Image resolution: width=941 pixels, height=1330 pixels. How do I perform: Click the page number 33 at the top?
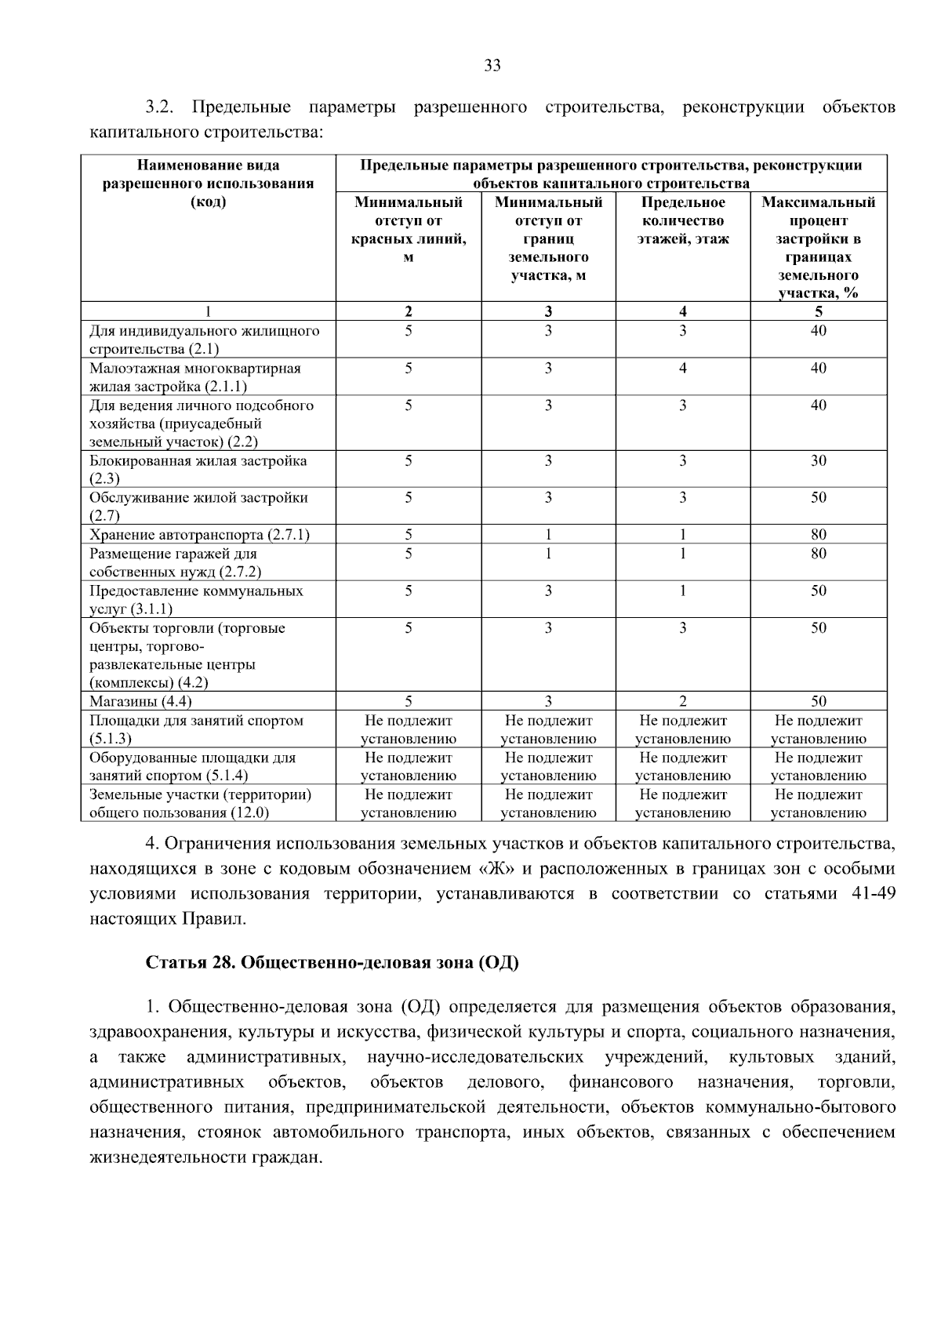(x=492, y=66)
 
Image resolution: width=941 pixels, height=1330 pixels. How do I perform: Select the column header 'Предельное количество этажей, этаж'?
(x=682, y=220)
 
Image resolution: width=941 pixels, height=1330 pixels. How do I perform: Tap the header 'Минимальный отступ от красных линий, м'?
(x=408, y=229)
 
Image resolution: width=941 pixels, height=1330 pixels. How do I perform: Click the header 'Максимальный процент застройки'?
(x=818, y=247)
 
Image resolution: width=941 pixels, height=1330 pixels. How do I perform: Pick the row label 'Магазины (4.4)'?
(x=140, y=702)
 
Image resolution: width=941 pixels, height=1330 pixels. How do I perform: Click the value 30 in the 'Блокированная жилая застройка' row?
(x=818, y=461)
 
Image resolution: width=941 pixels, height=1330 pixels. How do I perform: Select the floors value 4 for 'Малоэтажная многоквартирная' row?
(x=682, y=369)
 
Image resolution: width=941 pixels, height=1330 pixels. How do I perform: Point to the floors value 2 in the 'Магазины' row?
(x=682, y=702)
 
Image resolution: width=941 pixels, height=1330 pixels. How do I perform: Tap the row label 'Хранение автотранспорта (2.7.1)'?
(x=199, y=535)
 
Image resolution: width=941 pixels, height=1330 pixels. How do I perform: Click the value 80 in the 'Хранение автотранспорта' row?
(x=818, y=535)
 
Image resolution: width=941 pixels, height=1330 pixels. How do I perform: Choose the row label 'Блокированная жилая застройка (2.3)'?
(x=198, y=469)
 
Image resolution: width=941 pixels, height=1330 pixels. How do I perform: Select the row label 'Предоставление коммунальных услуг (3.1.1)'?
(x=196, y=599)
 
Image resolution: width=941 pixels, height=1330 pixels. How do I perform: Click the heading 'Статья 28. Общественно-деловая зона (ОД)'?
(x=332, y=963)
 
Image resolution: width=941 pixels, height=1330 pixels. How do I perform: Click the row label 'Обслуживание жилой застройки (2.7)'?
(x=198, y=506)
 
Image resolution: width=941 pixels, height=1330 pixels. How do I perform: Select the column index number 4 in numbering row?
(x=682, y=311)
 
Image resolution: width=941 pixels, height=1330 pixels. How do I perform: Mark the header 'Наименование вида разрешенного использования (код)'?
(x=209, y=184)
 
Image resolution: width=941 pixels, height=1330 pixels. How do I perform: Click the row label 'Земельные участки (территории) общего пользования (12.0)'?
(x=200, y=803)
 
